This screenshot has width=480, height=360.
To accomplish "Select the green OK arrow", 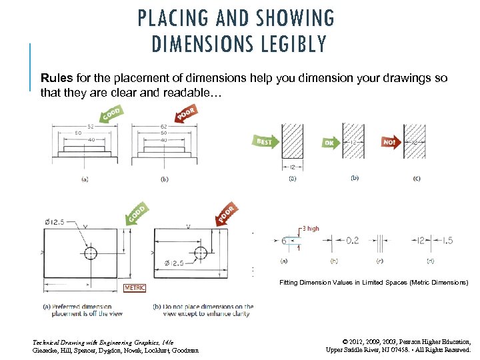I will point(330,142).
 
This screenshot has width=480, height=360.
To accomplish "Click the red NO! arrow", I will point(390,142).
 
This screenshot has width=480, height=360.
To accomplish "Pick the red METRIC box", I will point(135,288).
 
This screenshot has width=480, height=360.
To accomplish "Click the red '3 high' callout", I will point(310,229).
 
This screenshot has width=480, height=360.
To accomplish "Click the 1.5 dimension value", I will point(448,241).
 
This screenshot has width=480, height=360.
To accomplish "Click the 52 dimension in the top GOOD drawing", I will point(89,127).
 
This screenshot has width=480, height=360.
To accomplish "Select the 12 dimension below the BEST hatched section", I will point(293,166).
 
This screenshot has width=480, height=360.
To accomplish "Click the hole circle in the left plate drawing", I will point(90,254).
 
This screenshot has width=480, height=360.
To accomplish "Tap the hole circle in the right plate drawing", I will point(201,253).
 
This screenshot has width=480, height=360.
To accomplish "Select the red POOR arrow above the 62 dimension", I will point(187,114).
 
